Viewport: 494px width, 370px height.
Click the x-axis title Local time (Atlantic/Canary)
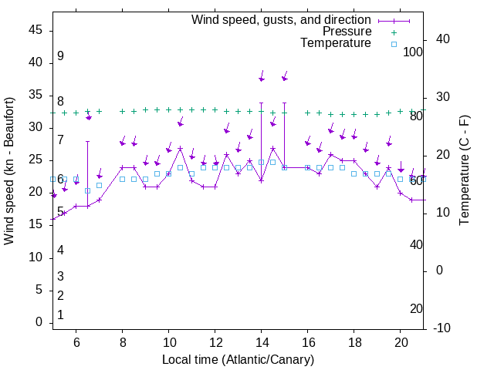pos(238,360)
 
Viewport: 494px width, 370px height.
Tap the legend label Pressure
pos(347,32)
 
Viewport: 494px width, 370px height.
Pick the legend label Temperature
pos(336,43)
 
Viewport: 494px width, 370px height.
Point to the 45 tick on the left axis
pos(36,29)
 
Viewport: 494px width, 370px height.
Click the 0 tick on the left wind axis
pos(39,322)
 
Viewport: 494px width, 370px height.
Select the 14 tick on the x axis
pos(262,343)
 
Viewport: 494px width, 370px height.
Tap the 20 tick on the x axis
pos(401,343)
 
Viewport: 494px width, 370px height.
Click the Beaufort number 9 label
pos(60,56)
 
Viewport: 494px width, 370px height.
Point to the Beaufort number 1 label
pos(60,314)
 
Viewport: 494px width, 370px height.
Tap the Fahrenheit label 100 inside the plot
pos(413,52)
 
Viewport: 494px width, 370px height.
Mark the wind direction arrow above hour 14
pos(262,75)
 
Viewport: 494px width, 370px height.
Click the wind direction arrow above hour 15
pos(285,75)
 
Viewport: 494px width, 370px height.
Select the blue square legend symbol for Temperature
pos(393,44)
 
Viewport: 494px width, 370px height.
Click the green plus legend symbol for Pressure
pos(393,32)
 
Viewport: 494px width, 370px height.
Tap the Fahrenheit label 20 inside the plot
pos(416,308)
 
